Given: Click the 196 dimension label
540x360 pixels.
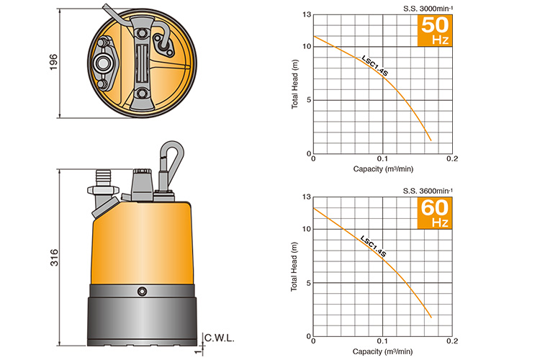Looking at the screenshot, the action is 54,63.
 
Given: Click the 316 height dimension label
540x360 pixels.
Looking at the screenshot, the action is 55,258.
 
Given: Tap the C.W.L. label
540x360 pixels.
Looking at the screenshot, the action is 220,338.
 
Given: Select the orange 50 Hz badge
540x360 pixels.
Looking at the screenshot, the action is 435,31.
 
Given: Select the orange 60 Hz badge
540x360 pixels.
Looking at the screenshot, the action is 435,213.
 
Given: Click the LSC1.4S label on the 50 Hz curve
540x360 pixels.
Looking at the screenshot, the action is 374,66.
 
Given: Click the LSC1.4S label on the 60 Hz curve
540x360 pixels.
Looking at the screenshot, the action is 373,246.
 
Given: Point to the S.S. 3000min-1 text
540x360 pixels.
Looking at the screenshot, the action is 428,9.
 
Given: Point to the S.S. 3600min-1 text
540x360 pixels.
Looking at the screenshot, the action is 428,191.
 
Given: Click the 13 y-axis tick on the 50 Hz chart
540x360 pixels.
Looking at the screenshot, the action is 307,15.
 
